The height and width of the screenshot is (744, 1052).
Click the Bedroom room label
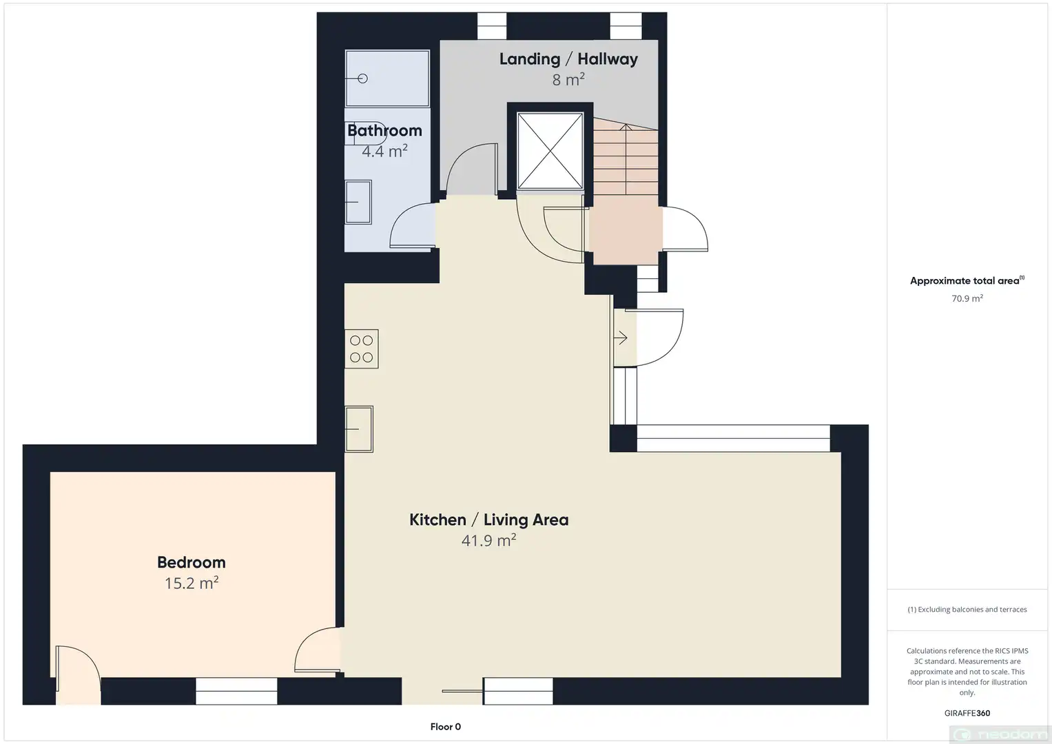pos(191,562)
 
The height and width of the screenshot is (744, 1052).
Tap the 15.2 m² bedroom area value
pos(191,583)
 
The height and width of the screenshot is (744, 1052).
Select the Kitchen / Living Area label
pos(489,520)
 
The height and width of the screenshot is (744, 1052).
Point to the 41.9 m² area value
pos(489,540)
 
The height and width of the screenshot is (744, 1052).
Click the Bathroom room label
pos(384,131)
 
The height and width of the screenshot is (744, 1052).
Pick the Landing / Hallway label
pos(568,59)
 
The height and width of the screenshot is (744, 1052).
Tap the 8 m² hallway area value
pos(568,80)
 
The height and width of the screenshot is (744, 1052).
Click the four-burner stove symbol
pos(362,349)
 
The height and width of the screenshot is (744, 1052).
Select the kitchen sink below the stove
pos(359,428)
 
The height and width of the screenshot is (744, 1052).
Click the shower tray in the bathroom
pos(387,79)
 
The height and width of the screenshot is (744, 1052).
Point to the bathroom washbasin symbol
pos(358,202)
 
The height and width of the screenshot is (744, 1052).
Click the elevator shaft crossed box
pos(550,151)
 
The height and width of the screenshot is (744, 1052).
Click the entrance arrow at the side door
pos(621,338)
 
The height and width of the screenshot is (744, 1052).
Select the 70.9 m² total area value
pos(967,298)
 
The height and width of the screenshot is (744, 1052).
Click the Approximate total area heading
pos(967,280)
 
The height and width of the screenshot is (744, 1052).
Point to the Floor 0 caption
pos(446,727)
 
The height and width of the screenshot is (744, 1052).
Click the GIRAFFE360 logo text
pos(967,713)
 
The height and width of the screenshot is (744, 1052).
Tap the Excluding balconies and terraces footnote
pos(967,609)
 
